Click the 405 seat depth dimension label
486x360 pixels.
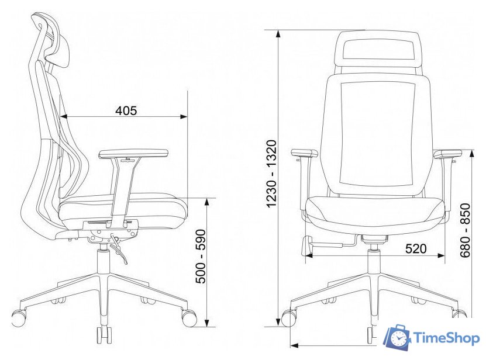tap(126, 110)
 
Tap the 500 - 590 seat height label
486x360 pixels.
tap(201, 256)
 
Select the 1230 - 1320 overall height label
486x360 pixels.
tap(271, 174)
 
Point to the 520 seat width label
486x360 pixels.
tap(416, 248)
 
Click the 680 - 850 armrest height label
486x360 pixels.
tap(465, 230)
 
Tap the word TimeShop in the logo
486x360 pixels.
tap(446, 338)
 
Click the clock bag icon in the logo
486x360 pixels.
tap(397, 338)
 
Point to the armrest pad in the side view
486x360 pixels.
tap(133, 154)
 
